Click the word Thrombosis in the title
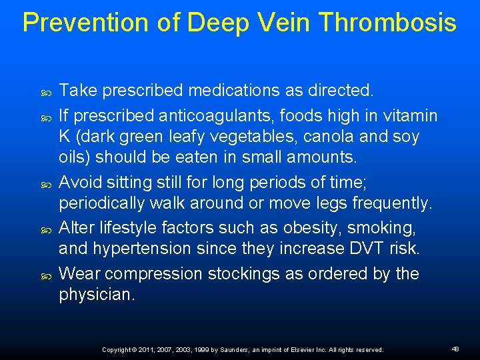coord(387,22)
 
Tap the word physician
coord(97,295)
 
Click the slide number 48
coord(455,349)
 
